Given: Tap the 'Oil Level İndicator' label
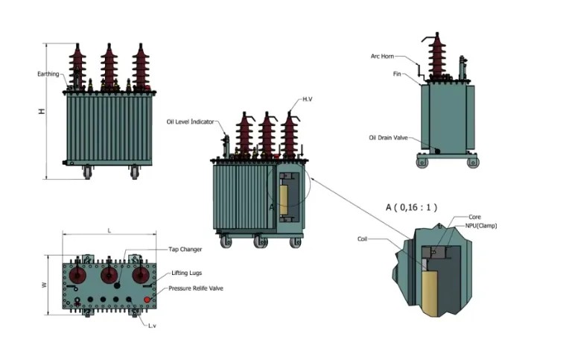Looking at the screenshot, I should [191, 121].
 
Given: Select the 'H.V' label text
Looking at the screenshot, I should [308, 99].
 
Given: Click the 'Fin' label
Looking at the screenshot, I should [398, 74].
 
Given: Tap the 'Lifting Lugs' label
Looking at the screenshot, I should [186, 273].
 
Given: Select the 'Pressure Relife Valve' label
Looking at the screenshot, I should [195, 288].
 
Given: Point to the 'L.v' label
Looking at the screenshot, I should [152, 326].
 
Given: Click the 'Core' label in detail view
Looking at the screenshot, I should [474, 217].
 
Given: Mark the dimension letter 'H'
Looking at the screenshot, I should [42, 111].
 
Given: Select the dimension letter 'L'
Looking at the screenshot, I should [109, 231].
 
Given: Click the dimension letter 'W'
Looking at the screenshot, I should [44, 285].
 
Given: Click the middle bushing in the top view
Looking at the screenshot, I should [109, 276].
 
